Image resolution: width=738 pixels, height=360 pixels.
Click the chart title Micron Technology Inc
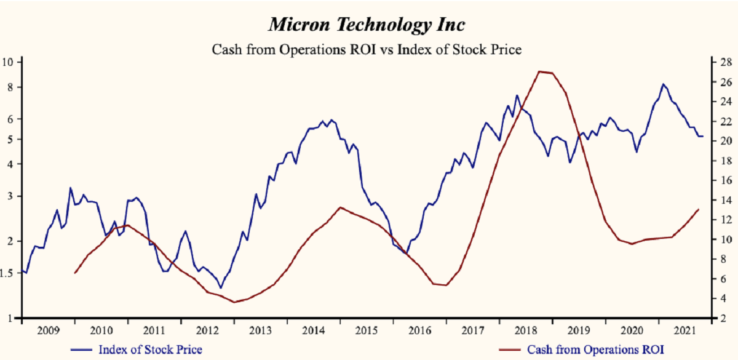[x=367, y=25]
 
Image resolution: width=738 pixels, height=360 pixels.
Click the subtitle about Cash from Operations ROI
[x=367, y=49]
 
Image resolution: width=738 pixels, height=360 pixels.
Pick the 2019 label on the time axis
[x=578, y=330]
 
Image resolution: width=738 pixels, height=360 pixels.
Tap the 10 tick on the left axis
[x=9, y=62]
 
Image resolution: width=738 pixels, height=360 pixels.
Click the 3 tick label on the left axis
[x=10, y=196]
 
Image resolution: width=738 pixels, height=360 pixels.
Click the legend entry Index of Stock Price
[x=150, y=350]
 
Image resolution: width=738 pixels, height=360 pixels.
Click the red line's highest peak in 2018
[x=540, y=71]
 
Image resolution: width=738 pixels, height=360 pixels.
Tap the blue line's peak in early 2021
[x=663, y=84]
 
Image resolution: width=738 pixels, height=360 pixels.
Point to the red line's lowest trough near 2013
[x=234, y=302]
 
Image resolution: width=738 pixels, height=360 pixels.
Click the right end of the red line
[x=699, y=209]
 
